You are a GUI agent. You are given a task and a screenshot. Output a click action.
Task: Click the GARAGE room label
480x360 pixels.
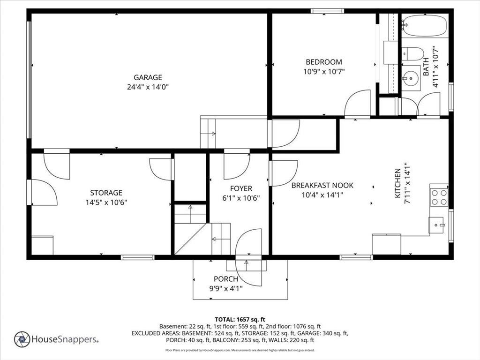click(148, 77)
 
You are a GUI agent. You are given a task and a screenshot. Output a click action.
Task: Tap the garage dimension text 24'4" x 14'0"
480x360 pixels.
click(148, 87)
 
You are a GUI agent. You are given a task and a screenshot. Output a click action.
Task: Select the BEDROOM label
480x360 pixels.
click(324, 62)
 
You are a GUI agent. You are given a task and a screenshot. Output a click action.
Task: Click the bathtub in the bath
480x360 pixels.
click(425, 25)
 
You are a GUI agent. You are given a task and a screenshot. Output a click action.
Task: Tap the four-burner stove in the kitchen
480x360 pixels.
click(439, 197)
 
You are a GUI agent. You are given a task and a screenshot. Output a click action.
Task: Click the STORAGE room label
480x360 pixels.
click(106, 193)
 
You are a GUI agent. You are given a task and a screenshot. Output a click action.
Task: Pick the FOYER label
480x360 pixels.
click(241, 188)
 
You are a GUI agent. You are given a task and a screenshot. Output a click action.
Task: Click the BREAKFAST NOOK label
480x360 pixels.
click(322, 185)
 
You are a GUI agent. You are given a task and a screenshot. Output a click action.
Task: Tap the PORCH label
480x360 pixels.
click(226, 279)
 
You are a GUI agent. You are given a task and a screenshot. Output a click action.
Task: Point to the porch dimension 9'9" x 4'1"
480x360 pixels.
click(226, 288)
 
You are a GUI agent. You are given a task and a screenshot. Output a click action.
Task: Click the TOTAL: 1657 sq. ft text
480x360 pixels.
click(240, 320)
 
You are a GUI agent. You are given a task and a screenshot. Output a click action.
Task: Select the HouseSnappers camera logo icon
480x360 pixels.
click(22, 339)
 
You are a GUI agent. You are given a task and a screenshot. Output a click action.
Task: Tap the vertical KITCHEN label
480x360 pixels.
click(397, 183)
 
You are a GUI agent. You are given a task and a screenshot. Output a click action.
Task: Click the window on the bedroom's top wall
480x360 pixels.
click(327, 11)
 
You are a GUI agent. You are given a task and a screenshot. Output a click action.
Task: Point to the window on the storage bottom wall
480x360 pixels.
click(137, 257)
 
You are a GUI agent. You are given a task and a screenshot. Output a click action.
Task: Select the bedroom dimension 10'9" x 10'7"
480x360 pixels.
click(324, 72)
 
